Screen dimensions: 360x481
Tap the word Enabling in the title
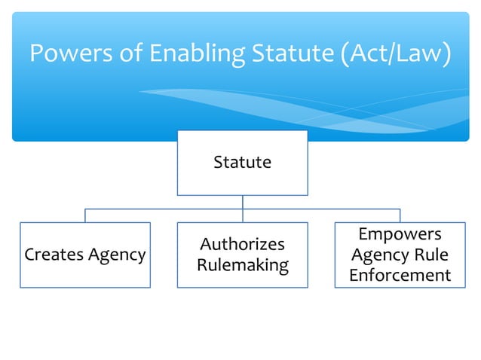[185, 54]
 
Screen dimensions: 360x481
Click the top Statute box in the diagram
[242, 163]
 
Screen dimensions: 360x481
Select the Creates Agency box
[85, 255]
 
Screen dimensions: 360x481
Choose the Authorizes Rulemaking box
[242, 255]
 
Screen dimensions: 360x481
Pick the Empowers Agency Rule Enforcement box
[400, 255]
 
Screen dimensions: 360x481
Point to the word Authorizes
[242, 245]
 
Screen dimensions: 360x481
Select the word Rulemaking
[242, 265]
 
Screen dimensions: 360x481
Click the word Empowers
[400, 234]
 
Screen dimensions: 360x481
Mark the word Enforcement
[400, 276]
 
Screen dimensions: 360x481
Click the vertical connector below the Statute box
[242, 202]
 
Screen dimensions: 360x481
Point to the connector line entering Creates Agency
[85, 215]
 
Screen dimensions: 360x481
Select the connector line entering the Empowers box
[400, 215]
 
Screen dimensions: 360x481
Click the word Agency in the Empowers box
[379, 255]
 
